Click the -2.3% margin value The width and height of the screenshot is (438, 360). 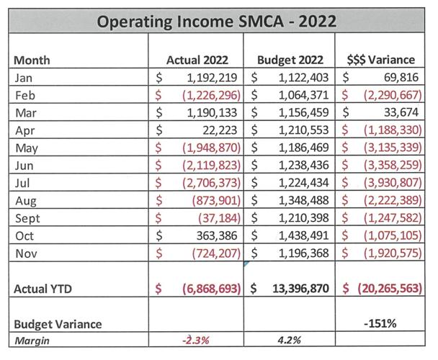click(x=195, y=340)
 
